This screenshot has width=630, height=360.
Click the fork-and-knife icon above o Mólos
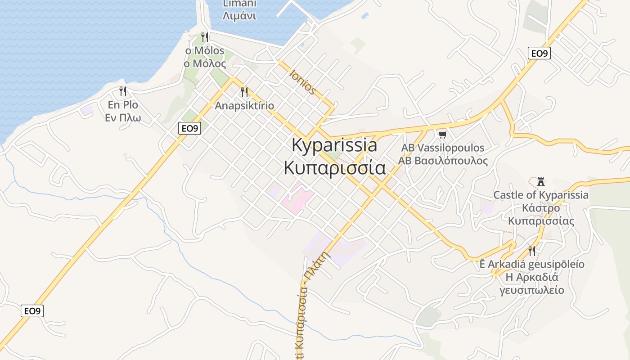(205, 37)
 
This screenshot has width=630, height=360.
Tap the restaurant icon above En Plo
(123, 91)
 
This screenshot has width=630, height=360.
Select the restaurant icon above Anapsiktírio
(244, 92)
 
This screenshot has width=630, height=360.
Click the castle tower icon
(541, 182)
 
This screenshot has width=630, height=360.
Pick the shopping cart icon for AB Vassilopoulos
(443, 135)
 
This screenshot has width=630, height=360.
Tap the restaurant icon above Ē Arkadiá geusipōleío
(532, 251)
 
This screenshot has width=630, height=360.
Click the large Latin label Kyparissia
(334, 145)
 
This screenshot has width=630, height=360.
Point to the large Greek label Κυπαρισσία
(334, 167)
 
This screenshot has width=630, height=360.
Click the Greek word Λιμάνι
(240, 16)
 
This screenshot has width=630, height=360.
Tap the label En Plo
(123, 105)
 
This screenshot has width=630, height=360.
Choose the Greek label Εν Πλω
(123, 118)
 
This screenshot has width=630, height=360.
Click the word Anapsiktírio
(244, 106)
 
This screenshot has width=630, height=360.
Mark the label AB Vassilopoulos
(443, 148)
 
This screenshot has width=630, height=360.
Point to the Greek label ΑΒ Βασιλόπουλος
(443, 161)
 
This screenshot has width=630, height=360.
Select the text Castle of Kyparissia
(541, 195)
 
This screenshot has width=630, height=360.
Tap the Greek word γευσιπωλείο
(532, 290)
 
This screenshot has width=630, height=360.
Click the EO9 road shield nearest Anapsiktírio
(189, 128)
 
